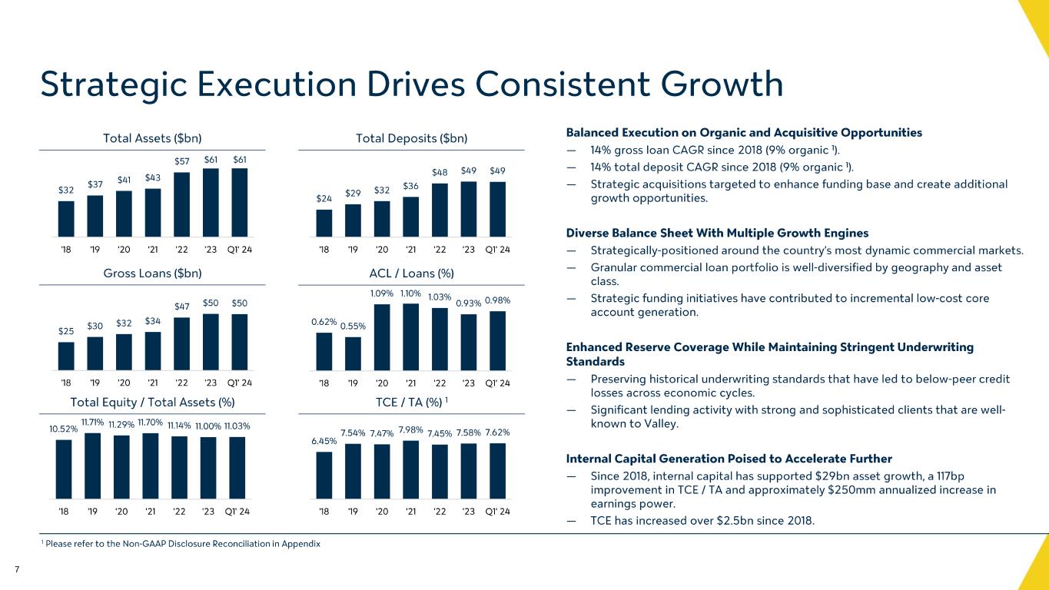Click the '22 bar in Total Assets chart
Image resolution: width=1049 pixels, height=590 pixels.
pyautogui.click(x=182, y=204)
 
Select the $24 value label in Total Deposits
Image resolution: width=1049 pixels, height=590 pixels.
pyautogui.click(x=324, y=198)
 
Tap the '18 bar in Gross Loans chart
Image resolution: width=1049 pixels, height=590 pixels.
pyautogui.click(x=66, y=356)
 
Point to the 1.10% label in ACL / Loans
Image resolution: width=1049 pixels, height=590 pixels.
pyautogui.click(x=411, y=293)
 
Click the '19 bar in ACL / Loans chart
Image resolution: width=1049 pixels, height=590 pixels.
pyautogui.click(x=354, y=353)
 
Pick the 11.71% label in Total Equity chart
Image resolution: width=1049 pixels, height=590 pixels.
pyautogui.click(x=92, y=421)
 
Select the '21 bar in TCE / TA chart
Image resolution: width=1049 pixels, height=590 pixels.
pyautogui.click(x=411, y=469)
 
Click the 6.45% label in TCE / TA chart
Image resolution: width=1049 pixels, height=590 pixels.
pyautogui.click(x=324, y=440)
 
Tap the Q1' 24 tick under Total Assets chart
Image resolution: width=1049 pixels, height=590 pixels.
pyautogui.click(x=240, y=250)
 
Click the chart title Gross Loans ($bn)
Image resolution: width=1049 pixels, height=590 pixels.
pyautogui.click(x=152, y=273)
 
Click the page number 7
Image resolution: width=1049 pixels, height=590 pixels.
pyautogui.click(x=16, y=569)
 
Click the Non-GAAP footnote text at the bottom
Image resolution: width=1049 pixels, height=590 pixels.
pyautogui.click(x=181, y=544)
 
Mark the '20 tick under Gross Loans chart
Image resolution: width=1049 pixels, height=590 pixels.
pyautogui.click(x=124, y=383)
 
